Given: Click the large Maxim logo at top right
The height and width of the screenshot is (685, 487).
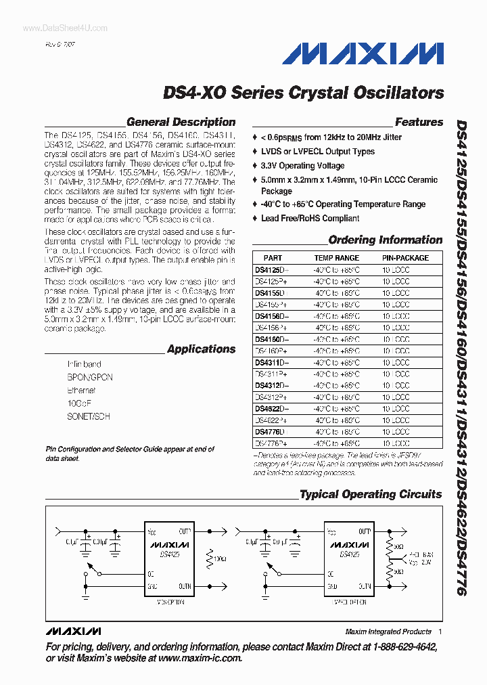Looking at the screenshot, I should (363, 53).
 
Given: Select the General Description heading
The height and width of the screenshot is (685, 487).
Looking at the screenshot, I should (181, 123).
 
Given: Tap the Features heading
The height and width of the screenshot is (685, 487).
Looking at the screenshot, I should (419, 123).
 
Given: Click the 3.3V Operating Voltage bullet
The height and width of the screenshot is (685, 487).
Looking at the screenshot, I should (302, 166).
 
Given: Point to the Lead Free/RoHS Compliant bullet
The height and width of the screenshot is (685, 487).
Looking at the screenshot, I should (310, 219).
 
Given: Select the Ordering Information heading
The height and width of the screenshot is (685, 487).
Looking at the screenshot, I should (385, 240).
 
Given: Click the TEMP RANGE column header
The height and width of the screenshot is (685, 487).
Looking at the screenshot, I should (336, 258).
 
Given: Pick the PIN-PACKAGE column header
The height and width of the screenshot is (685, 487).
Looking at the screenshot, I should (405, 258).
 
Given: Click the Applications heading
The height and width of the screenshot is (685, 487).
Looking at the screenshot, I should (201, 349).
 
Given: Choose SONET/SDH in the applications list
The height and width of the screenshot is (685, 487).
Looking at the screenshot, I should (88, 417).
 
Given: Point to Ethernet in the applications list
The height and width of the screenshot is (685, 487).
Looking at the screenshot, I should (81, 391).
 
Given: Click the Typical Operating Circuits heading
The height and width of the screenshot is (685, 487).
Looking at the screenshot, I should (371, 495).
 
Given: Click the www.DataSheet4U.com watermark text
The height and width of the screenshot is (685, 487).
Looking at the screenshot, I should (55, 28).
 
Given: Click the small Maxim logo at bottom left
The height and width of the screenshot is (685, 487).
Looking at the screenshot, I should (73, 632).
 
